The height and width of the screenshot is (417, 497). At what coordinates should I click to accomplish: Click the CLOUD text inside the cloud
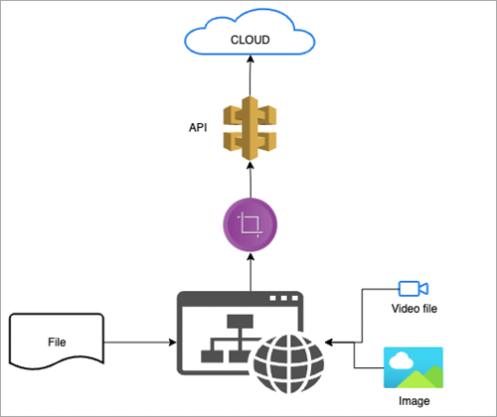pos(250,41)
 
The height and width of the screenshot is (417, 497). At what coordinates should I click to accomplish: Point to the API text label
pos(197,129)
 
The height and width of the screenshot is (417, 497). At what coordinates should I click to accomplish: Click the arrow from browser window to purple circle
pos(250,272)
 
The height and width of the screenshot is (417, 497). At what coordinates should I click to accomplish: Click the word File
pos(57,341)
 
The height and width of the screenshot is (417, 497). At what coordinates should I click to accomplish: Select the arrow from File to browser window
pos(139,343)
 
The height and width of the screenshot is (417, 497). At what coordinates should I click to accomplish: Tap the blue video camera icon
pos(413,288)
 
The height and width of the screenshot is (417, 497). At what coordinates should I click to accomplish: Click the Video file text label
pos(413,310)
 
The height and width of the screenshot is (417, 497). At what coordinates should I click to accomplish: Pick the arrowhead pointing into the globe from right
pos(331,343)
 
